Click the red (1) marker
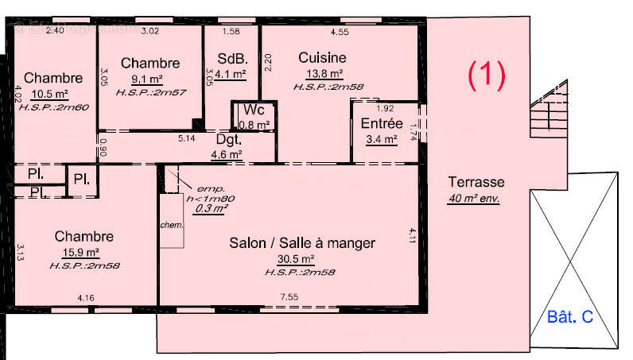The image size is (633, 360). click(486, 75)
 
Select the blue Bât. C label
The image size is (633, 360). click(570, 317)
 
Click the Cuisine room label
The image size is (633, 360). click(322, 57)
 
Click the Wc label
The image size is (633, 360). click(254, 110)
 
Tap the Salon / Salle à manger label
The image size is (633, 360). click(301, 242)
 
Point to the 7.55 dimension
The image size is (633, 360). click(288, 297)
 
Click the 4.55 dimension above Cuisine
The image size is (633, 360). click(339, 33)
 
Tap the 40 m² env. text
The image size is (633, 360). click(473, 198)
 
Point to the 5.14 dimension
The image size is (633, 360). click(187, 138)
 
